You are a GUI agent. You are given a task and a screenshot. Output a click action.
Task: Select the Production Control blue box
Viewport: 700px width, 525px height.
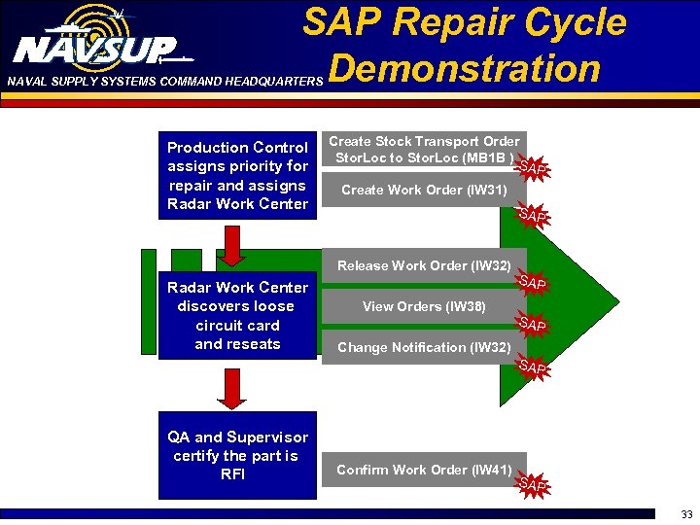point(237,175)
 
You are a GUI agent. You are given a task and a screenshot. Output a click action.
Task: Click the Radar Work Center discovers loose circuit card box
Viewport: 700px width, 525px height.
point(237,315)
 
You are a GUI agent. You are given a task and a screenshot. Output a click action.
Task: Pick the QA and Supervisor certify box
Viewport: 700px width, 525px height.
point(237,456)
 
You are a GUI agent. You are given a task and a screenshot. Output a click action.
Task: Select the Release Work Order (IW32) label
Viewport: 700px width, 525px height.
point(424,265)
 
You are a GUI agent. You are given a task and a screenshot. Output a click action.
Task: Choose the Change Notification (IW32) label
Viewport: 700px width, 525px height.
point(423,347)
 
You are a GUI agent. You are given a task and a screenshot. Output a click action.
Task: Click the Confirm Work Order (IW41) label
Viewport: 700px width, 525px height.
point(424,471)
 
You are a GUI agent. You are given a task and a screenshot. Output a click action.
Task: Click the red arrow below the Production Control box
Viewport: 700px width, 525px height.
point(232,244)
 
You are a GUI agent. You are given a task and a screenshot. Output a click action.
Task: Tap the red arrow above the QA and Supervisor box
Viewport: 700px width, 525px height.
point(232,389)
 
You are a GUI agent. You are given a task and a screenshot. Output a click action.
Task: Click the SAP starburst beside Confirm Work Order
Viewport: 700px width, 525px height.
point(533,484)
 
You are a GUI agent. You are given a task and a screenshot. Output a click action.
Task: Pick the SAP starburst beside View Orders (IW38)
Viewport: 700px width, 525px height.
point(533,324)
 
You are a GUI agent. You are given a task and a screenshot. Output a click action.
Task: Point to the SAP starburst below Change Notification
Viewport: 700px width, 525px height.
point(533,367)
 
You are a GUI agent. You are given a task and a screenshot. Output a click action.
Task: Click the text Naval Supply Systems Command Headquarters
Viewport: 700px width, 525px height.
point(163,82)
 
